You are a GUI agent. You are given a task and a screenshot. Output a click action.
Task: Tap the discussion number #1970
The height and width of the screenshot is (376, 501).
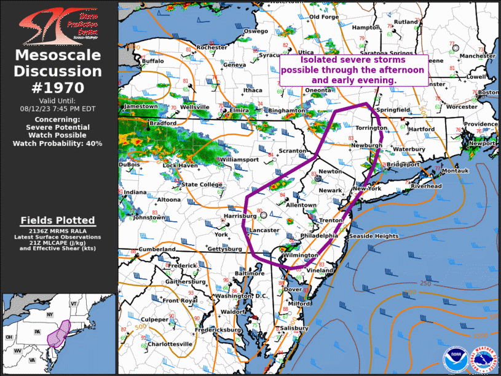point(58,87)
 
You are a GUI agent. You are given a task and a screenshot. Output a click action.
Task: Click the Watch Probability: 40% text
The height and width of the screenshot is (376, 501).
point(58,143)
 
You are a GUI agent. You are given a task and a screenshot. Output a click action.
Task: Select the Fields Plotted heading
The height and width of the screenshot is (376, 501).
point(58,220)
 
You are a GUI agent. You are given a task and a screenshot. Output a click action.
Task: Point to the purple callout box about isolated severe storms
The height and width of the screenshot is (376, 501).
point(353,70)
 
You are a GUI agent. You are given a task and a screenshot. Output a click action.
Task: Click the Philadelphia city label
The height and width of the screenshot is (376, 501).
point(319,236)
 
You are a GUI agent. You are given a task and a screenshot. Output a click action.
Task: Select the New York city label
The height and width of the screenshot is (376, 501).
point(367,188)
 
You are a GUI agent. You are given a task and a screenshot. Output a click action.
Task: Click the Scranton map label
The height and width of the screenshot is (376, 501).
point(292,151)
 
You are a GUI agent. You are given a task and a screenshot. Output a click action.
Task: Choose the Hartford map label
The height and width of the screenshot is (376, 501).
point(422,130)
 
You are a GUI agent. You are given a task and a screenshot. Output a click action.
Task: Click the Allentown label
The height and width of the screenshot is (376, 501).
point(301,205)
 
